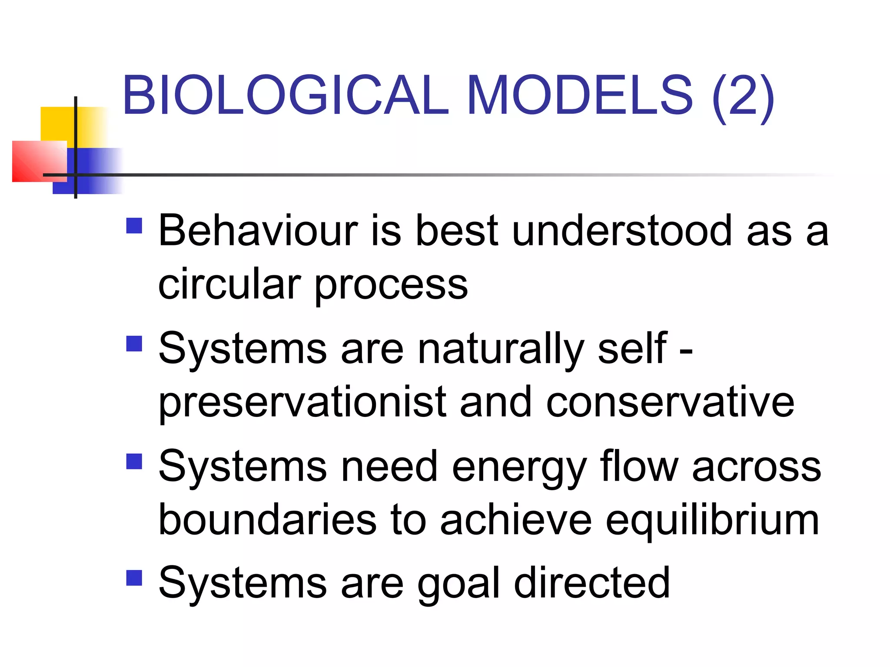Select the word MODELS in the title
click(580, 95)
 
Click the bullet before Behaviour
click(134, 226)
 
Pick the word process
click(391, 287)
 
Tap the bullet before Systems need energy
click(134, 462)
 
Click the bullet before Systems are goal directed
click(134, 578)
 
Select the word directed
click(591, 583)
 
